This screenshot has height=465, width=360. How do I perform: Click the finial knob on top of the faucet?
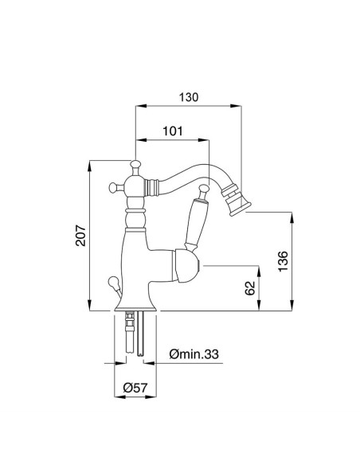click(135, 165)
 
